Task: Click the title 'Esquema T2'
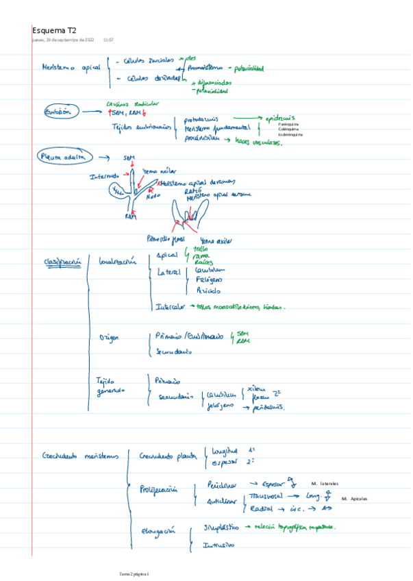[x=54, y=31]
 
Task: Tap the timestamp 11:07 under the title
[x=108, y=40]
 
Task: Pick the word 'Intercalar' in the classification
[x=171, y=307]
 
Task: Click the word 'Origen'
[x=110, y=338]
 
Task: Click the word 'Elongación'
[x=157, y=530]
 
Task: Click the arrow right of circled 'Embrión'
[x=89, y=111]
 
